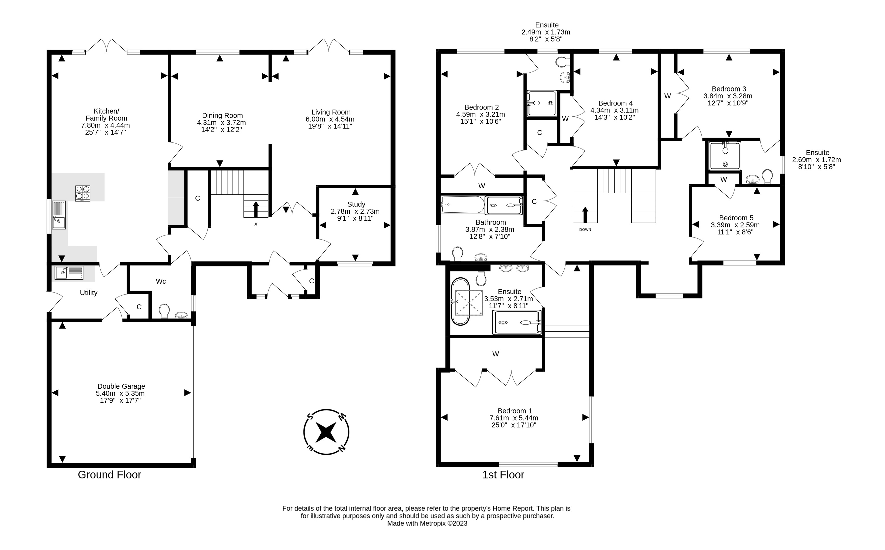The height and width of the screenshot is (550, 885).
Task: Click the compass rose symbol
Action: coord(326,432)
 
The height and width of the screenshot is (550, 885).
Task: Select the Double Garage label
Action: coord(121,386)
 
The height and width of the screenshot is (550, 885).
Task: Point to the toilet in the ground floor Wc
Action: coord(164,311)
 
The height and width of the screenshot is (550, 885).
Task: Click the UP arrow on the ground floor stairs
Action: coord(256,209)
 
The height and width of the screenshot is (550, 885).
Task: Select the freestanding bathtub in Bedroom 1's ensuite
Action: coord(461,302)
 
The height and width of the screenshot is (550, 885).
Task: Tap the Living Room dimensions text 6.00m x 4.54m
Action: coord(330,119)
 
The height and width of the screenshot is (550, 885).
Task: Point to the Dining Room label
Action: coord(222,116)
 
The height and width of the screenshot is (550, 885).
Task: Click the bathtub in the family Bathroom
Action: coord(463,205)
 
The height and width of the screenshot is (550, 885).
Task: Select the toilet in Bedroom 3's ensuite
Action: coord(768,177)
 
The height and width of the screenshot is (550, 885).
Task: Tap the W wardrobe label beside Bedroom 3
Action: coord(667,96)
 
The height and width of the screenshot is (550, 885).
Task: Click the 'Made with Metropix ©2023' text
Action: coord(427,523)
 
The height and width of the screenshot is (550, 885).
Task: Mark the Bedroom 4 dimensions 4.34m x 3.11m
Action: coord(614,110)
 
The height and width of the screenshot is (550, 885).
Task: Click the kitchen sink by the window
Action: coord(58,215)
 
